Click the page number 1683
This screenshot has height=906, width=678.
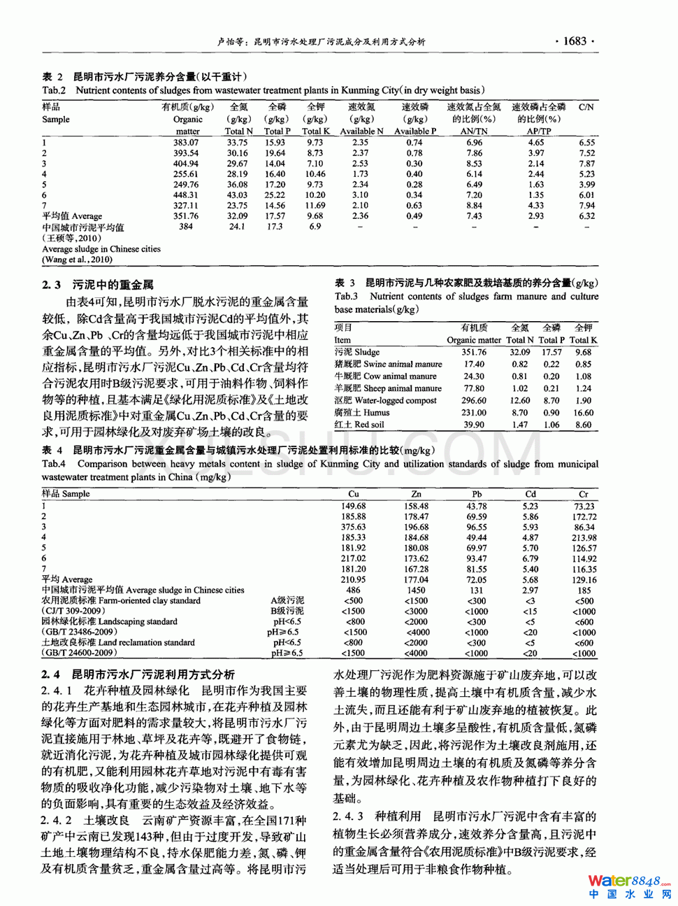[575, 41]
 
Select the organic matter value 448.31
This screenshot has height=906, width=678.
[185, 195]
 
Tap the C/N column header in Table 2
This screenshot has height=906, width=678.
[586, 108]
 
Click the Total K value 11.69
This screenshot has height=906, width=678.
[315, 206]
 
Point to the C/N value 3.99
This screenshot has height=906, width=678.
[586, 185]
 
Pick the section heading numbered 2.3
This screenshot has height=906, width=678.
[97, 285]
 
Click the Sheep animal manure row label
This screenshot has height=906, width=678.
[388, 388]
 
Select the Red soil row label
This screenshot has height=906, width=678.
[359, 425]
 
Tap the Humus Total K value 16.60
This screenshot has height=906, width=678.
[583, 413]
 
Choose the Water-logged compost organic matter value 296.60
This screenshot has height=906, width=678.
[473, 401]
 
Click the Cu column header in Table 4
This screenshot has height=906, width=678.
[353, 494]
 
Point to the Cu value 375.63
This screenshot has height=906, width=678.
[353, 528]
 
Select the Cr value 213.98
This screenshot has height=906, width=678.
[584, 538]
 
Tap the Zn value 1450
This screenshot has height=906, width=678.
[416, 590]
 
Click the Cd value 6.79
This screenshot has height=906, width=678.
[531, 559]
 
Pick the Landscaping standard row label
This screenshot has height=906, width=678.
[109, 621]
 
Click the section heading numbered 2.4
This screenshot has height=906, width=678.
[138, 674]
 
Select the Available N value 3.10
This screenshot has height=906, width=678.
[360, 195]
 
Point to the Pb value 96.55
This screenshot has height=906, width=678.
[477, 528]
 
